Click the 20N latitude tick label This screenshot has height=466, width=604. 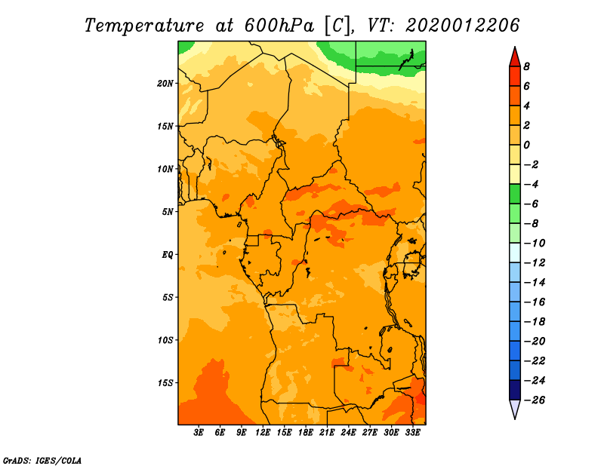[165, 84]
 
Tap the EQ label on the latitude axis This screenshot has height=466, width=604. [168, 255]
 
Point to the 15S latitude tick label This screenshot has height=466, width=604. [165, 383]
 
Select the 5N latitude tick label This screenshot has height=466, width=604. [168, 212]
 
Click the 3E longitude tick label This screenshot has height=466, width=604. [199, 432]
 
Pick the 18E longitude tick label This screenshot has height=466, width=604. [306, 432]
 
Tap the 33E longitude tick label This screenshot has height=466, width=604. [412, 432]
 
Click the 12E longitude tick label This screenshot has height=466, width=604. [263, 432]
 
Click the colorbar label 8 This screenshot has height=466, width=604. [526, 66]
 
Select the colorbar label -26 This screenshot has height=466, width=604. [535, 400]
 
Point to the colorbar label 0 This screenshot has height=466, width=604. [526, 145]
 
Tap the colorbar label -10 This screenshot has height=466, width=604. [535, 244]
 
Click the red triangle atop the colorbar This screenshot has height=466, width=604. [515, 58]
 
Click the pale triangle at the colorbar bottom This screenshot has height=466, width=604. [515, 409]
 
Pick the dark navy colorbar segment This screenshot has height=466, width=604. [515, 390]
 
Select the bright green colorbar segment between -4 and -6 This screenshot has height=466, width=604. [515, 194]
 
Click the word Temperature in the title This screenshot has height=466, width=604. [144, 26]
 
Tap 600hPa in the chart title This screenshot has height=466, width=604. [279, 26]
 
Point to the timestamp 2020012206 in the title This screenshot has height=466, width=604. [462, 26]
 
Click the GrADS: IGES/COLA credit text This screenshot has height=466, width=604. [42, 461]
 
